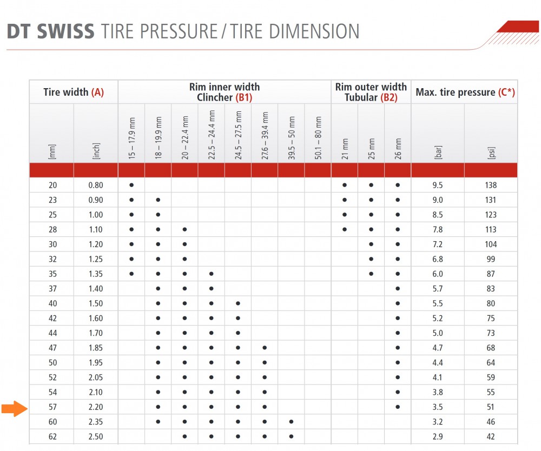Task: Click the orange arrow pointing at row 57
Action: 13,409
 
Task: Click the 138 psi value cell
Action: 491,185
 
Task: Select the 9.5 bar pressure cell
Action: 438,185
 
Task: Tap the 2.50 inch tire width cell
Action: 95,436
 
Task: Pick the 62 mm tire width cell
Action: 52,436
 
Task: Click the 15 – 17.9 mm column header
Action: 131,138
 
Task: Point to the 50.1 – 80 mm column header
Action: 318,138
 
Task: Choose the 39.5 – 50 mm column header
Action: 291,138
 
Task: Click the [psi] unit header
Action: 491,152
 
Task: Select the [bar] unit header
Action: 438,152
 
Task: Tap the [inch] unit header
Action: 96,152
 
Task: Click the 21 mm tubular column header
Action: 345,149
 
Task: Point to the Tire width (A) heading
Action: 73,92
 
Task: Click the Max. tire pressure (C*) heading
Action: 465,92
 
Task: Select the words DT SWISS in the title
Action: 51,31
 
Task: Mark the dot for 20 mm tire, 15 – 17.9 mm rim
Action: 131,185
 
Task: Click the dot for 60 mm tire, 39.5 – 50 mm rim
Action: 291,422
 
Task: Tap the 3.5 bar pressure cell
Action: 438,407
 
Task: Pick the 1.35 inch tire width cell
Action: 95,274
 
